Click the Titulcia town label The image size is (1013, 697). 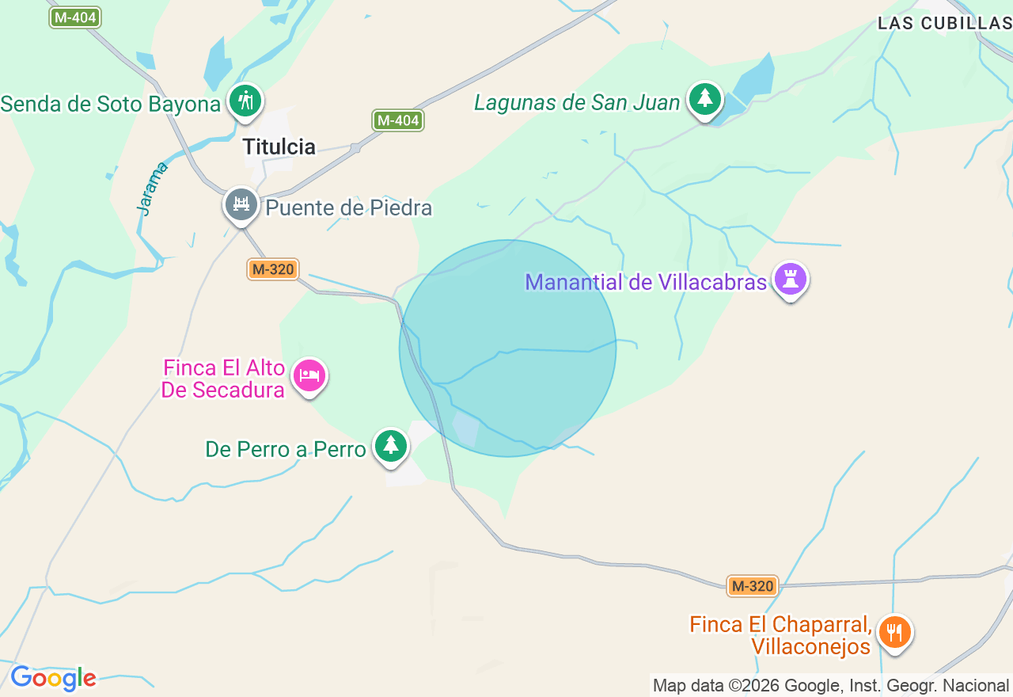(279, 147)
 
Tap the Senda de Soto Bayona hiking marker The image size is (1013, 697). (245, 101)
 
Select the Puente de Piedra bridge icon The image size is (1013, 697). (241, 205)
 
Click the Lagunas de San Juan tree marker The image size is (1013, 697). (704, 99)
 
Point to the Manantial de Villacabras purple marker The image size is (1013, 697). (790, 279)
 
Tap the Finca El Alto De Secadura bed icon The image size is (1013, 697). (309, 375)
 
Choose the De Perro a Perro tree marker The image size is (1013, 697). (390, 445)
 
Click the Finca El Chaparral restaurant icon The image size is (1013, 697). (894, 632)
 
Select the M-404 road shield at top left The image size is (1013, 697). (75, 17)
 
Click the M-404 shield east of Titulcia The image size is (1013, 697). (398, 120)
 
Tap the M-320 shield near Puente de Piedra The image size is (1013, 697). (273, 269)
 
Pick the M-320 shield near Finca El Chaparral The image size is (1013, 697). (753, 586)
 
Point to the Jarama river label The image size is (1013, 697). (152, 189)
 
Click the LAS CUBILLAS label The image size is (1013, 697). (944, 24)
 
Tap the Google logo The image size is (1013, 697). (53, 679)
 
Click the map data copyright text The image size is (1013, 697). (830, 685)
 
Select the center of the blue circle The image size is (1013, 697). (507, 348)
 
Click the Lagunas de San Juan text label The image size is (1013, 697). (577, 103)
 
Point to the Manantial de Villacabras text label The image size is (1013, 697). (646, 282)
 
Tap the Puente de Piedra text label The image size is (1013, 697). (349, 208)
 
